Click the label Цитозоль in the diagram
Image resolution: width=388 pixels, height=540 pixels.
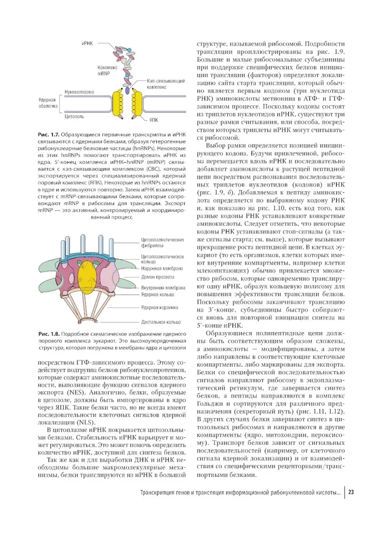(x=74, y=116)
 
